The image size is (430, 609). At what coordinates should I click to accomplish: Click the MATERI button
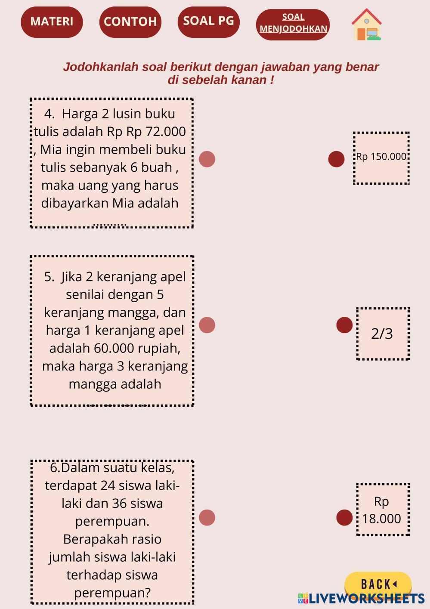[x=52, y=22]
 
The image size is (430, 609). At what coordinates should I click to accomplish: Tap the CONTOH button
[x=130, y=22]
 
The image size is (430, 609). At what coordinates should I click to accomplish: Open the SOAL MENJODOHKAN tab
[x=293, y=25]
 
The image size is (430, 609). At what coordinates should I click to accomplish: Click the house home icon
[x=367, y=25]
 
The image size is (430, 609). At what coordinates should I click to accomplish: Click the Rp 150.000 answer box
[x=381, y=158]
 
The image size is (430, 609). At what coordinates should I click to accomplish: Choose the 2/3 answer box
[x=383, y=334]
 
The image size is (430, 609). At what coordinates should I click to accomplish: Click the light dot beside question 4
[x=207, y=159]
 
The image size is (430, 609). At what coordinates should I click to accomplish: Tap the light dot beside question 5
[x=207, y=325]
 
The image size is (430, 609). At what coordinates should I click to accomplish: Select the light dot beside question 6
[x=207, y=517]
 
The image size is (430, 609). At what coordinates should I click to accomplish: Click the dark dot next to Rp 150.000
[x=337, y=159]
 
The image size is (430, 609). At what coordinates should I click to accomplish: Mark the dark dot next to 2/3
[x=344, y=325]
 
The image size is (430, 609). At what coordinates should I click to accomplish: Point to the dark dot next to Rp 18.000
[x=344, y=517]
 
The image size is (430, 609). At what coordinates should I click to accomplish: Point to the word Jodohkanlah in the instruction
[x=101, y=67]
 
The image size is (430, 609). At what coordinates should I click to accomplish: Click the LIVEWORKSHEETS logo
[x=361, y=598]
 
